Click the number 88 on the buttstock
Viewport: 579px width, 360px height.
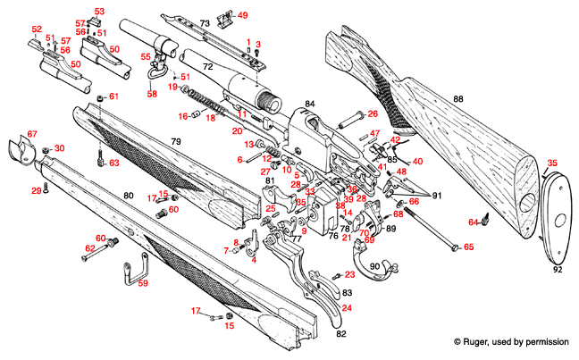(457, 97)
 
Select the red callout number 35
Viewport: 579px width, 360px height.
(551, 163)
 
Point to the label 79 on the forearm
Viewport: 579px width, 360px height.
(176, 142)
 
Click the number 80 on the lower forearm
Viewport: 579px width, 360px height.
(128, 194)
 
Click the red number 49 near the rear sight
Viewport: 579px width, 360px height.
(243, 15)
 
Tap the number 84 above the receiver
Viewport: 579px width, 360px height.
(309, 105)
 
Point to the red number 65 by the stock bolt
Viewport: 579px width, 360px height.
(468, 247)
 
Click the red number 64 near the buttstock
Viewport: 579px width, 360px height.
(474, 222)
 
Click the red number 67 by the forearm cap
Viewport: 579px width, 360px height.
(32, 134)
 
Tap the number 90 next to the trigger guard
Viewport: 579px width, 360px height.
(375, 266)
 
